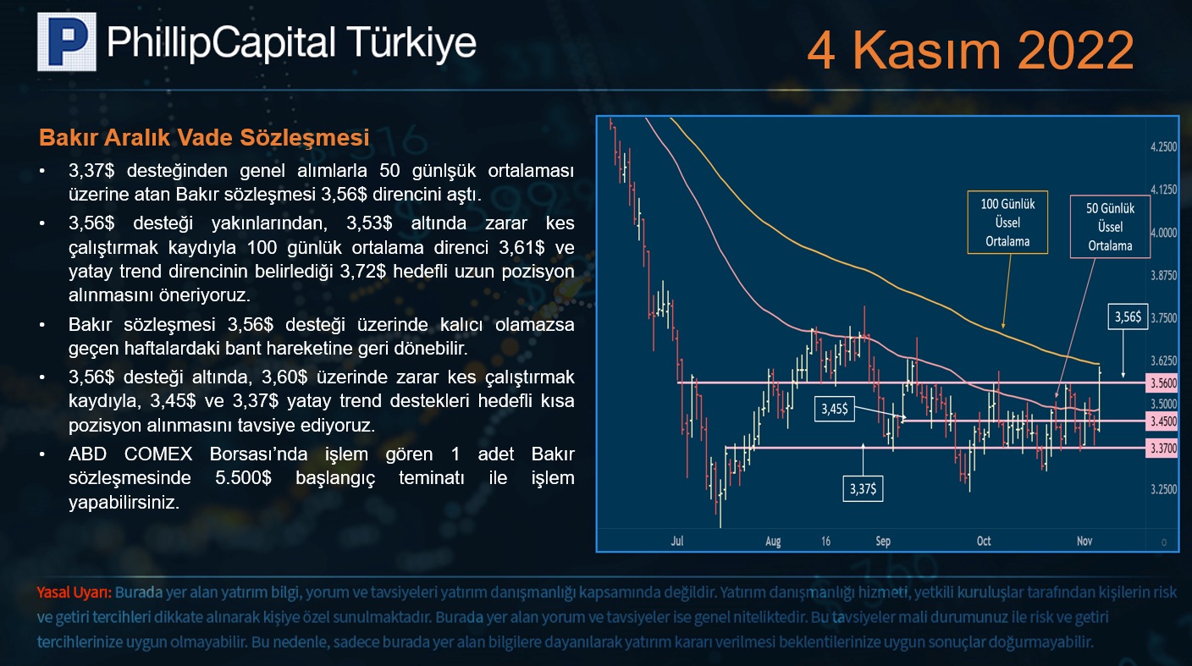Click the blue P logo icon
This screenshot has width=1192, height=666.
(67, 41)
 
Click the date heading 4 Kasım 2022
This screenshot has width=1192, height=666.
(970, 50)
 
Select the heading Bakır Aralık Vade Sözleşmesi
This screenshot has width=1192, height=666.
(204, 137)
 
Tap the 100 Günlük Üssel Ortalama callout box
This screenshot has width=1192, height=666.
(1007, 223)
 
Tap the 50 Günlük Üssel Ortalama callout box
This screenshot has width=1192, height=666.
(1110, 227)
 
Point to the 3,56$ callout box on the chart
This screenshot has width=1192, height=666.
(1128, 317)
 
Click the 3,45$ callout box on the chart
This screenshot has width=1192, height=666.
(835, 409)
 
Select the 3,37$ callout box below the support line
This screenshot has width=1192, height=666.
(863, 488)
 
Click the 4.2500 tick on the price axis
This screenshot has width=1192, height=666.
(1163, 146)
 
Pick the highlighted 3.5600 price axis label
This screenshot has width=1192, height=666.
(1162, 383)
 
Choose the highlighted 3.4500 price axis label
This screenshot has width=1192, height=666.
(1162, 421)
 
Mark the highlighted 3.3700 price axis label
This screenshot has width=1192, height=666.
(1162, 449)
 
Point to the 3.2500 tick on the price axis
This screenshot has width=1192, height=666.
(1163, 489)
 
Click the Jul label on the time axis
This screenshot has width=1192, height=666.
(677, 541)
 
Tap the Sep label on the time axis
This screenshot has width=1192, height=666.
(883, 542)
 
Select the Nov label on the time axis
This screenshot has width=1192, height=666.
(1084, 541)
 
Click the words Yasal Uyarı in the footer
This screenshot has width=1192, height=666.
(74, 592)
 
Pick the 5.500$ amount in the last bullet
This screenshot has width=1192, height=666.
(243, 477)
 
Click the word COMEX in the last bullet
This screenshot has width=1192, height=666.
(158, 454)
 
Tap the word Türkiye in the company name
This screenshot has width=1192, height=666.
(411, 42)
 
